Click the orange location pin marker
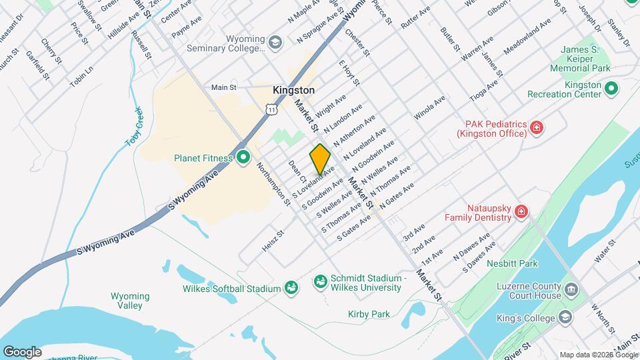(320, 159)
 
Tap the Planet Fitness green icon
(243, 158)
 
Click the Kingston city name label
(293, 89)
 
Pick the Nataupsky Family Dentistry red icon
(521, 213)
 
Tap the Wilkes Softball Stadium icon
(291, 288)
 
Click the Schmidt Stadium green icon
(320, 282)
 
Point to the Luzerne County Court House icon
(571, 290)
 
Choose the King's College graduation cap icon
(566, 316)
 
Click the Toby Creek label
(135, 127)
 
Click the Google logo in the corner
(21, 351)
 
